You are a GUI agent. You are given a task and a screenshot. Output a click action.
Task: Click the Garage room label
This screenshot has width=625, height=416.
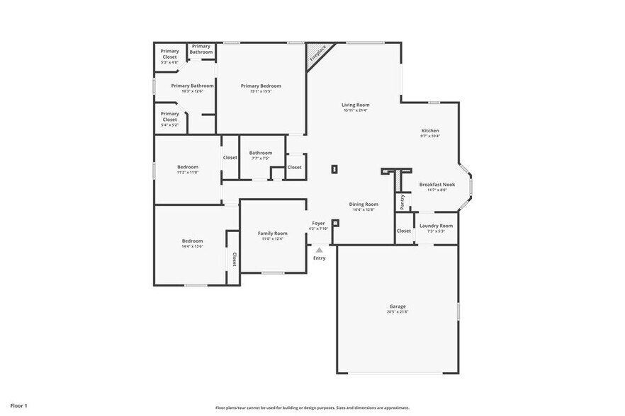[397, 306]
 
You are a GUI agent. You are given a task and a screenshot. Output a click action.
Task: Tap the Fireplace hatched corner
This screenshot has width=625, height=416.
[317, 54]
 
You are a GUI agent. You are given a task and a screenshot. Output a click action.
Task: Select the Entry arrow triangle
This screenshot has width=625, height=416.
[320, 250]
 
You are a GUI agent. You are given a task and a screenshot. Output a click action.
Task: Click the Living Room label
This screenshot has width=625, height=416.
[356, 105]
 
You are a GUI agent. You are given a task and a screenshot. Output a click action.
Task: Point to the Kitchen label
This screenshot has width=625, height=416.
[430, 131]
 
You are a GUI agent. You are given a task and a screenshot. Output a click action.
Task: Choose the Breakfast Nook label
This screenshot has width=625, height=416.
[437, 185]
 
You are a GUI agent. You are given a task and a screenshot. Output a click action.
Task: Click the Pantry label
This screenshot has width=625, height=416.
[402, 202]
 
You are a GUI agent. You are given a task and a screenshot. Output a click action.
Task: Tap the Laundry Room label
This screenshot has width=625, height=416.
[436, 226]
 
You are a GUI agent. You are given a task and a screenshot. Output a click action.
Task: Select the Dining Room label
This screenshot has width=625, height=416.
[364, 204]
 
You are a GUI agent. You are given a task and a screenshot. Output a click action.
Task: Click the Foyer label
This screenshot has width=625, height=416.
[319, 223]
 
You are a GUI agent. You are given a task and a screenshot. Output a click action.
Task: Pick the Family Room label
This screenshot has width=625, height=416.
[272, 233]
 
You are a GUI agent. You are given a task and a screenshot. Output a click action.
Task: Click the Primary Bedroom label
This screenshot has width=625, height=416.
[261, 86]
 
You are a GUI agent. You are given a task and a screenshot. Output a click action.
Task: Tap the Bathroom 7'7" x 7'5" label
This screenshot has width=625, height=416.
[260, 153]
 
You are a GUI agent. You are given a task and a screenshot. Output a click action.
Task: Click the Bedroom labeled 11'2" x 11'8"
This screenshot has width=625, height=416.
[188, 167]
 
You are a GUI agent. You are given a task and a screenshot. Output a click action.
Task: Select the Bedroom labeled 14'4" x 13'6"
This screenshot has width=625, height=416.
[192, 241]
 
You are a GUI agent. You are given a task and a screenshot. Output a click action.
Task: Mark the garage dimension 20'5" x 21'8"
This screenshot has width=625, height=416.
[397, 312]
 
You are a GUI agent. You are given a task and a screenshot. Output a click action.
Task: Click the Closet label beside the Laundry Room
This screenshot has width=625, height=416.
[404, 231]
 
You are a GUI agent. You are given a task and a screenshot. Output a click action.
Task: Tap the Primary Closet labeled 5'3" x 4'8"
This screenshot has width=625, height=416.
[169, 54]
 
